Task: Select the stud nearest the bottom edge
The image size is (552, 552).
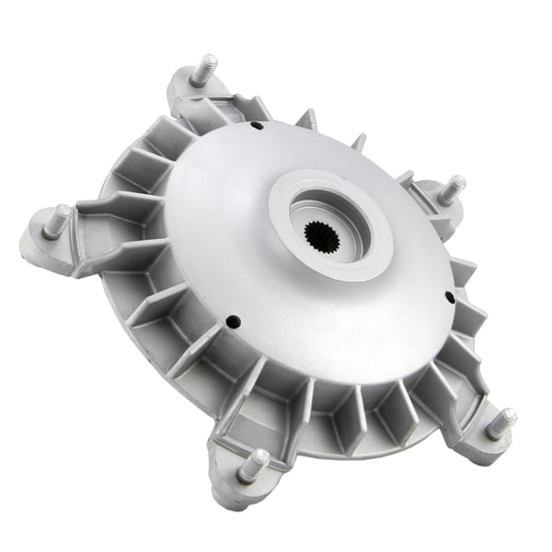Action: [x=253, y=466]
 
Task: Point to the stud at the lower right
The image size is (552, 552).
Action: [x=501, y=423]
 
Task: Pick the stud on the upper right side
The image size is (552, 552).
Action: [x=450, y=190]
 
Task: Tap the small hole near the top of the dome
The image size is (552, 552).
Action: [x=259, y=125]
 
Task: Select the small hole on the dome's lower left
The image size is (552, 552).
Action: [x=232, y=321]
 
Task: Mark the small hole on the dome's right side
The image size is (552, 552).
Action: [x=448, y=297]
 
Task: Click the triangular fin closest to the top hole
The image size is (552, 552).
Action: [x=307, y=121]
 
